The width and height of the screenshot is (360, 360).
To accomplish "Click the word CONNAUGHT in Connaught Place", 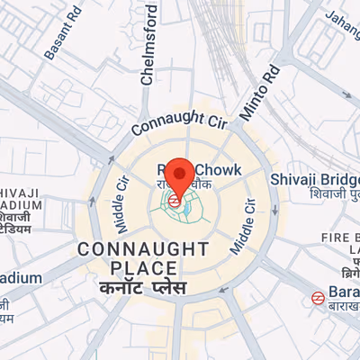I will (144, 248).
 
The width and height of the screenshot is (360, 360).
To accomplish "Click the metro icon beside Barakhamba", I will (318, 297).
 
